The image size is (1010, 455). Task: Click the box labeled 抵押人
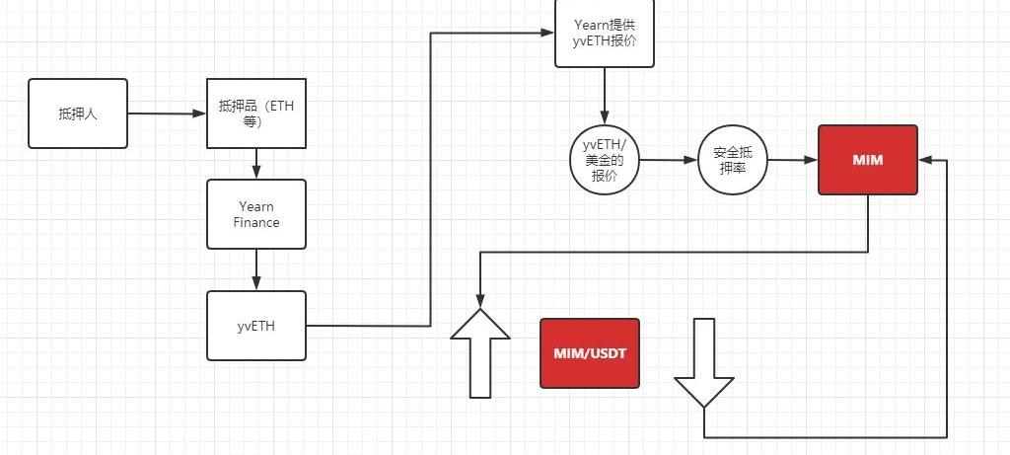78,114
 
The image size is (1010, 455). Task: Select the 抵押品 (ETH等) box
256,114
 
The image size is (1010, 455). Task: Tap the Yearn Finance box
256,214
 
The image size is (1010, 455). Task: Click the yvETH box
256,326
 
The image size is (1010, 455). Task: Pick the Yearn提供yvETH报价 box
604,33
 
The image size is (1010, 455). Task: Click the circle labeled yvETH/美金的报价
604,159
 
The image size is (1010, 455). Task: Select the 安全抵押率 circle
732,159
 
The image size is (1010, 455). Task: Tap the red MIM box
868,159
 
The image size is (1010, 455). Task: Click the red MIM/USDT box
590,352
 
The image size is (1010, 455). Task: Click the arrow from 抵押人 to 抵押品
166,114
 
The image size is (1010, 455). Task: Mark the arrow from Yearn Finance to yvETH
256,268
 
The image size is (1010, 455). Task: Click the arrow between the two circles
668,159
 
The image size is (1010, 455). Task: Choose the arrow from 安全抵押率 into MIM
792,159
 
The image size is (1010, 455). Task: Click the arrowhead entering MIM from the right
925,160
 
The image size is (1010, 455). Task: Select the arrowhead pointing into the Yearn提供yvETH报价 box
547,33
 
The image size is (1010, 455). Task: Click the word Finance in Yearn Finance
256,223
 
